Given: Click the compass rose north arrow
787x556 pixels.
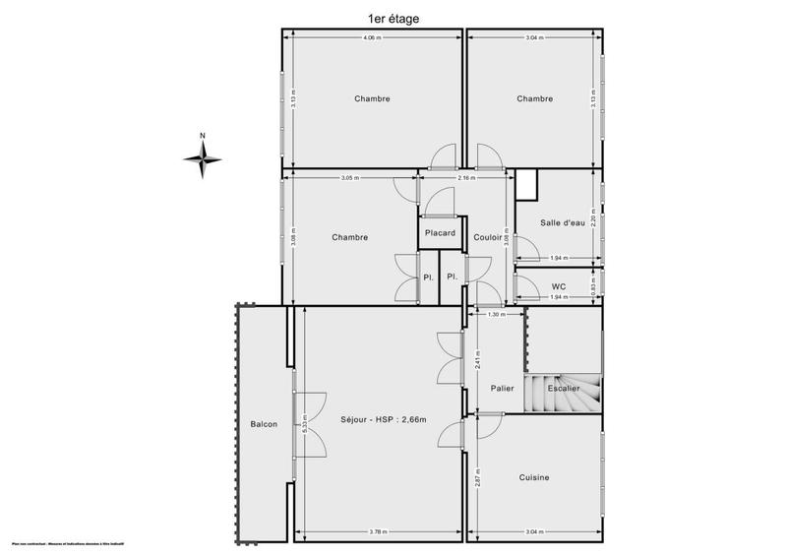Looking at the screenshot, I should click(202, 155).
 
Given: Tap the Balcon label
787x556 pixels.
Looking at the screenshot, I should click(264, 424).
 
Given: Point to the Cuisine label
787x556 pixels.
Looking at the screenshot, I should click(534, 477).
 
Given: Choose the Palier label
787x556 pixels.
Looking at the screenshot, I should click(504, 389).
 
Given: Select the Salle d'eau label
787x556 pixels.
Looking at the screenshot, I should click(563, 222).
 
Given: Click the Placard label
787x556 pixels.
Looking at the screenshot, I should click(440, 233).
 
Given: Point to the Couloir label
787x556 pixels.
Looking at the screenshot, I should click(488, 237).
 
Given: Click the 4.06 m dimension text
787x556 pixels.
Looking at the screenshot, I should click(371, 37).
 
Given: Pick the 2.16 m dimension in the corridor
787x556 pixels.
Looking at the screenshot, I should click(466, 178).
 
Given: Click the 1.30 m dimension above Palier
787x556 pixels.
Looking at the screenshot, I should click(497, 315).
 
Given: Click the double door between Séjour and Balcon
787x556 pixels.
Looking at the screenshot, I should click(295, 423).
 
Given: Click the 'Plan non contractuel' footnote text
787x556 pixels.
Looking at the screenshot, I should click(74, 543).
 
